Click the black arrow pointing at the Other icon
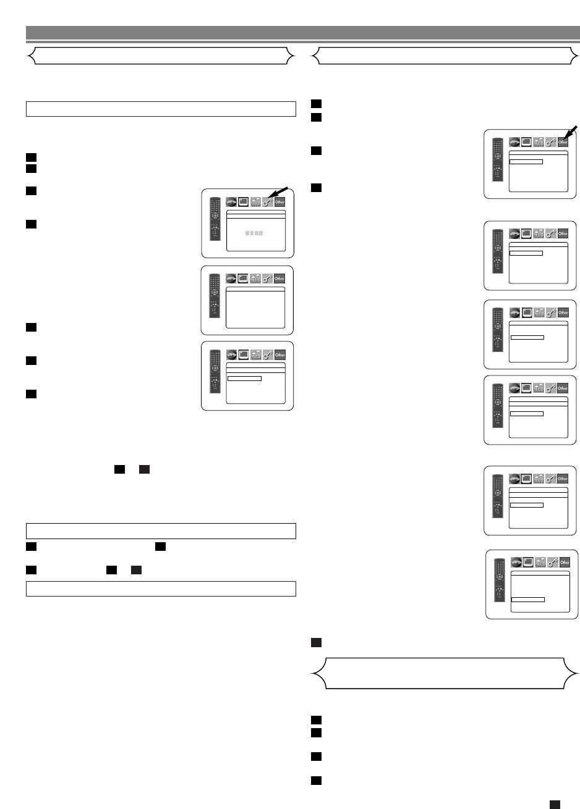tap(573, 132)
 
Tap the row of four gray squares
tap(254, 233)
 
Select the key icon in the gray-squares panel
tap(268, 201)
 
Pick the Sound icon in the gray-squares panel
tap(255, 201)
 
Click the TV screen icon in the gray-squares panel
tap(243, 201)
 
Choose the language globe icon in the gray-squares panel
tap(231, 201)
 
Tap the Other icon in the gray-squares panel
tap(280, 201)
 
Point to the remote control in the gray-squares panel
tap(214, 219)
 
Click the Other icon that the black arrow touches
tap(563, 142)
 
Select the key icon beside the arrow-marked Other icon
tap(550, 142)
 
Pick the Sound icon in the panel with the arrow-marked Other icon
tap(538, 142)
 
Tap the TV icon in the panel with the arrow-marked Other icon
tap(526, 142)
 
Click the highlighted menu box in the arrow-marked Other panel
tap(526, 161)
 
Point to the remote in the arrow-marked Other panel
tap(497, 159)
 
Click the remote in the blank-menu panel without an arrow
tap(214, 295)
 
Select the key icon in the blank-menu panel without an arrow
tap(268, 279)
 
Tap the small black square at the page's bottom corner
tap(555, 803)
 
